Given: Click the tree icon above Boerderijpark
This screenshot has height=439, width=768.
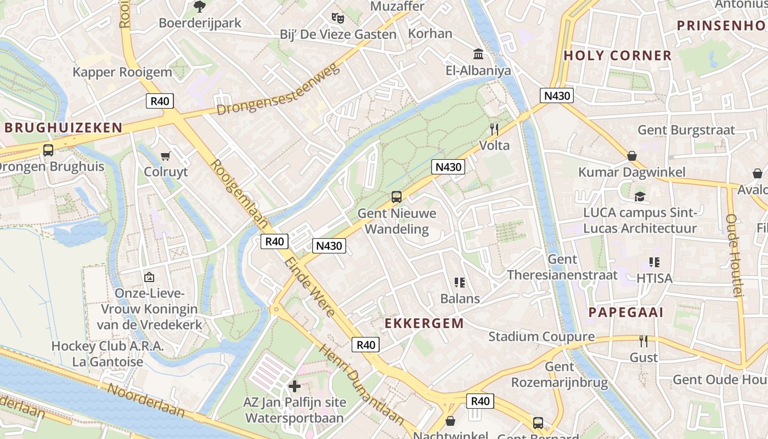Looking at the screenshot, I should point(199,7).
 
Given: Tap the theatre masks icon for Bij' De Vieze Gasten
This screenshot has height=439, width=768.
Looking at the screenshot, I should point(338,18).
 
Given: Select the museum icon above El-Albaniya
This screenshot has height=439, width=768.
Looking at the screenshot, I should point(478,54).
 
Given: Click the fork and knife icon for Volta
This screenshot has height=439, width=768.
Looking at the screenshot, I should point(494,130).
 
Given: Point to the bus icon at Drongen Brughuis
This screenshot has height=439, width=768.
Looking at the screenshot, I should point(48,150).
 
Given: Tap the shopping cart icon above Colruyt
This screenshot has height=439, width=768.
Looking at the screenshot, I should point(165,156).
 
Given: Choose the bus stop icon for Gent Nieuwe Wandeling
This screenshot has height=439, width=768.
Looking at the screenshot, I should point(396,197).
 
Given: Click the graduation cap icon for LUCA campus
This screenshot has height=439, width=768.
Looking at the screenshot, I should point(640,196).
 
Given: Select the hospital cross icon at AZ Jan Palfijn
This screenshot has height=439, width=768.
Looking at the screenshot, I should point(295,386).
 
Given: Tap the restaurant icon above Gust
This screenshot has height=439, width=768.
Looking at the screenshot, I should point(643,341).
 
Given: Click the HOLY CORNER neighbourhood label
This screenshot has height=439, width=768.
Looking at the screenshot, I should point(617,55).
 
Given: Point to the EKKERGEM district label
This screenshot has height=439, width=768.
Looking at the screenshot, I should point(424,323).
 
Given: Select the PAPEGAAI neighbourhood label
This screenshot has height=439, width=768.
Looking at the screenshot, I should point(626,313).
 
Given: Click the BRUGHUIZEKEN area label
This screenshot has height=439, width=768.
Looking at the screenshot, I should point(64,128).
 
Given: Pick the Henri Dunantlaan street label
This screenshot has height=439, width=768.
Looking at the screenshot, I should point(361,385).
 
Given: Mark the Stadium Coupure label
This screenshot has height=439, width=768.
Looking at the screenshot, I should point(541,336).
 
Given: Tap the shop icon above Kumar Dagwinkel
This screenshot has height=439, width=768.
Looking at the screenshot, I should point(632,156).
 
